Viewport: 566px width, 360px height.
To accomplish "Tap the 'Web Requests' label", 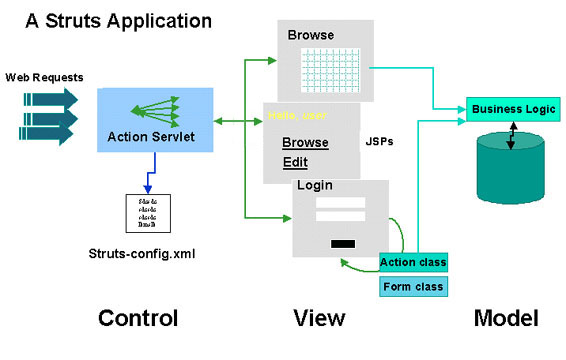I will [x=44, y=77].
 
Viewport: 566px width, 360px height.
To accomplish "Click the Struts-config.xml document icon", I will [x=146, y=215].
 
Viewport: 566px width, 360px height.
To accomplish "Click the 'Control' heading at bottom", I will [x=137, y=318].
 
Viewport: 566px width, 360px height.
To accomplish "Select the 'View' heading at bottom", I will [x=319, y=318].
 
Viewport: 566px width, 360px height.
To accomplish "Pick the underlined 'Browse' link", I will [x=305, y=143].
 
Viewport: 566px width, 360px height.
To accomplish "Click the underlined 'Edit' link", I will [x=295, y=162].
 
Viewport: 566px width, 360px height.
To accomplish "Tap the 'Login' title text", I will [x=316, y=186].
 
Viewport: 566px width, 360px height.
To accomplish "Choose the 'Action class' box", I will [x=413, y=262].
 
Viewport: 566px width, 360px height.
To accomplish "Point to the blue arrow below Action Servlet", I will [x=146, y=180].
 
